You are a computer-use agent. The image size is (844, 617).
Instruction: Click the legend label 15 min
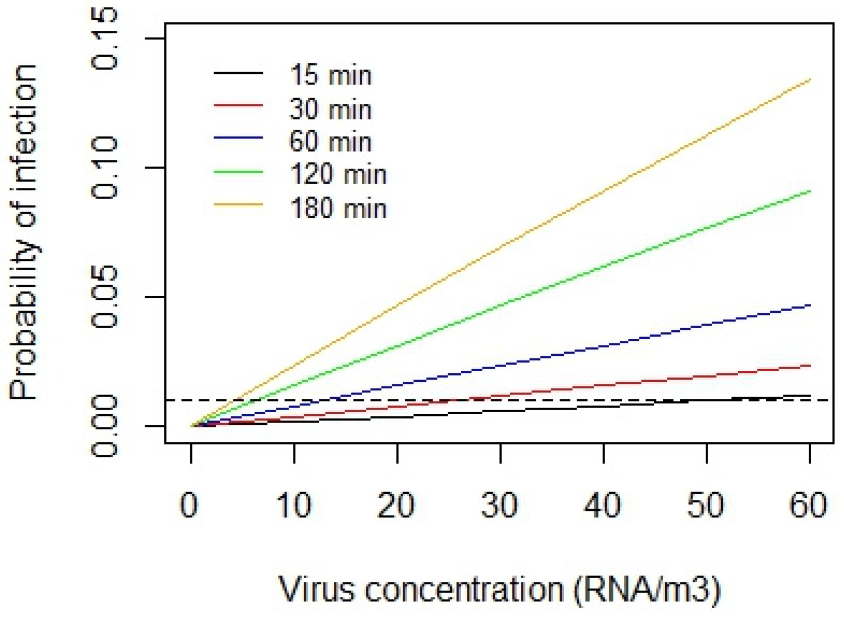(x=330, y=75)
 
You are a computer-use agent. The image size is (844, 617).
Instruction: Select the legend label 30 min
(x=330, y=109)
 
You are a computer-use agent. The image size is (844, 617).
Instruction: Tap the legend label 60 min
(x=330, y=142)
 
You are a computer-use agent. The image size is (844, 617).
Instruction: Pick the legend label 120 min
(x=338, y=174)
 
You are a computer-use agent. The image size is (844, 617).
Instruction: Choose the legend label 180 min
(x=338, y=208)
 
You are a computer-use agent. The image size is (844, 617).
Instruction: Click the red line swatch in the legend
(x=238, y=106)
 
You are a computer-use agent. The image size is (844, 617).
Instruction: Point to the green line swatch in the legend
(x=238, y=172)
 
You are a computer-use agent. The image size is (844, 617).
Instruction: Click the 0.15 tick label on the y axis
(x=104, y=39)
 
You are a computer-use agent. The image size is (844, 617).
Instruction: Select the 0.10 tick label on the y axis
(x=104, y=168)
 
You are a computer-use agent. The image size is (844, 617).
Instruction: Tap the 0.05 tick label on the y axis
(x=104, y=296)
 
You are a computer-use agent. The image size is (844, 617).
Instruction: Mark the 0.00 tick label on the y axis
(x=104, y=425)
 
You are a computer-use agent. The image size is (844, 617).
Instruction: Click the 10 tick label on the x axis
(x=294, y=504)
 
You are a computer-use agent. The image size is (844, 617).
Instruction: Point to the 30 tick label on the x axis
(x=500, y=504)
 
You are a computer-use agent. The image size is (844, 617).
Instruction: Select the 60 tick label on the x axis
(x=808, y=504)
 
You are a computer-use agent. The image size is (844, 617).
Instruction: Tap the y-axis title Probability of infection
(x=24, y=232)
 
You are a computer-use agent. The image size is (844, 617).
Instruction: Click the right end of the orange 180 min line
(x=809, y=80)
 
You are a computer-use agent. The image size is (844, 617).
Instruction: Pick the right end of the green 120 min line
(x=809, y=191)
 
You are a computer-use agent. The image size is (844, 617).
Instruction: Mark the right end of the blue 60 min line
(x=809, y=306)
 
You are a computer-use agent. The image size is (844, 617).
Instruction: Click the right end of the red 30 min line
(x=809, y=366)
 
